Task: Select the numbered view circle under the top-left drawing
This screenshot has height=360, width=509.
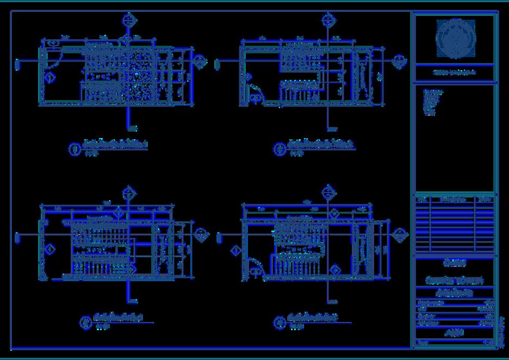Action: coord(76,148)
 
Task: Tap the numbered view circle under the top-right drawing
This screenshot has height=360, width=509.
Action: coord(280,148)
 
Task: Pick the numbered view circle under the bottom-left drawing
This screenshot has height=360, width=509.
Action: coord(85,322)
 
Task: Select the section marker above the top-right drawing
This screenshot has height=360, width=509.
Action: coord(327,21)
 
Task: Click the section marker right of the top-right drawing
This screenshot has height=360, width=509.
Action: coord(400,60)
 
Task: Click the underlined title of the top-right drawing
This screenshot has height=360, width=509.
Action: coord(321,144)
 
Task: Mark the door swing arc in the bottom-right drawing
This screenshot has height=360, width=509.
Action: coord(256,266)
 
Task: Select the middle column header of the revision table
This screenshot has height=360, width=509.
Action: coord(452,200)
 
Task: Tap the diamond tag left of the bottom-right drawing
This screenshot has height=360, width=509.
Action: coord(236,251)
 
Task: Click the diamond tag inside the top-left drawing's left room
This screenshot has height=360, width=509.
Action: coord(50,78)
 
